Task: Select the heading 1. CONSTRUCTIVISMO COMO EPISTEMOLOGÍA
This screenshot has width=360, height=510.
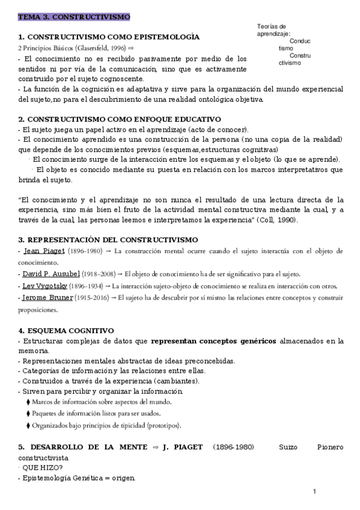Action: [x=109, y=37]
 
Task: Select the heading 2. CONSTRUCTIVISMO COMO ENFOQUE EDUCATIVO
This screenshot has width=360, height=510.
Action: [x=120, y=119]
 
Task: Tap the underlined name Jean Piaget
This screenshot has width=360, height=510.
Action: [x=41, y=251]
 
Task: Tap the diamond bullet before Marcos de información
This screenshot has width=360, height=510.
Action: [x=28, y=402]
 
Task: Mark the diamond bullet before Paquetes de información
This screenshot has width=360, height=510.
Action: [x=28, y=414]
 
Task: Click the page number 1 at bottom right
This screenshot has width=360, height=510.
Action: [x=314, y=492]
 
